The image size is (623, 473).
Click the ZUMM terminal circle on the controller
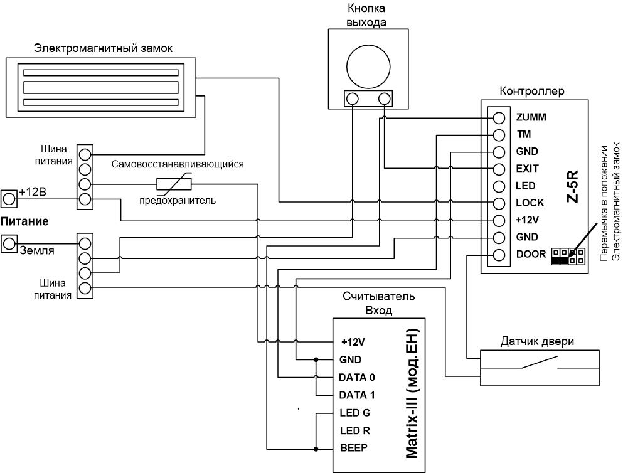click(499, 118)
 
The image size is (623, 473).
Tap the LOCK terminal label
click(530, 203)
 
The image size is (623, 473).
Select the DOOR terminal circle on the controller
click(499, 255)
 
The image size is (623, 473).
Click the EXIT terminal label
click(527, 169)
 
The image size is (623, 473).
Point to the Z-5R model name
click(573, 187)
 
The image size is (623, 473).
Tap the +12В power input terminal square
click(9, 199)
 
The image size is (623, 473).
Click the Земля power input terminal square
click(9, 243)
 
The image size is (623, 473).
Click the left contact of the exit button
click(352, 98)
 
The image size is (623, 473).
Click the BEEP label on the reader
click(354, 448)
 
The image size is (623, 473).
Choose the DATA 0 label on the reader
click(357, 377)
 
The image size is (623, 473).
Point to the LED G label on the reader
click(355, 413)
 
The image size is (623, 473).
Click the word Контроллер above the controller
click(531, 92)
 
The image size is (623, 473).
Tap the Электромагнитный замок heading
click(104, 48)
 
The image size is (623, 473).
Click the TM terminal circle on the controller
click(499, 135)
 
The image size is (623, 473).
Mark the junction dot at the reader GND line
click(316, 360)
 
